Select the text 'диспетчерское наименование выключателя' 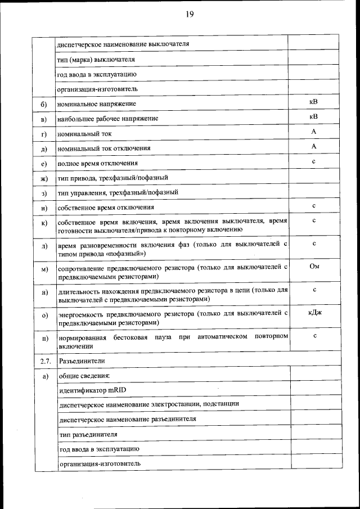point(123,44)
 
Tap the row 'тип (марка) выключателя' point(96,59)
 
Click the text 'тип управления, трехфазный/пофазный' point(118,192)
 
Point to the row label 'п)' point(43,339)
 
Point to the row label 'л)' point(43,246)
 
